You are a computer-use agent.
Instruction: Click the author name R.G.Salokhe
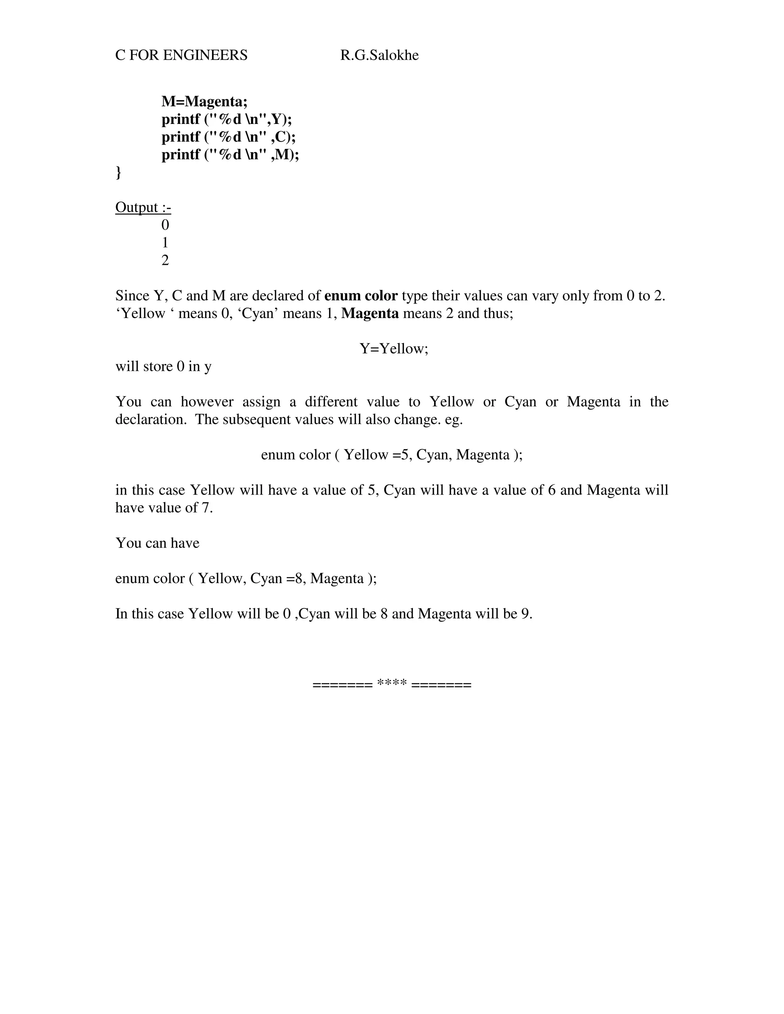(379, 55)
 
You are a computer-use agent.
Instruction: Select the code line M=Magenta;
(204, 101)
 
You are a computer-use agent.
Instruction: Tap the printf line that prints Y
(227, 119)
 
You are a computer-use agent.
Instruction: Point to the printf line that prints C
(229, 137)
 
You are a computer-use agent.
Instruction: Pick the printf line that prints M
(230, 155)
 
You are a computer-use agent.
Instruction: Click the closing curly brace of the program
(118, 172)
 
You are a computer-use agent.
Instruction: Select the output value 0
(165, 225)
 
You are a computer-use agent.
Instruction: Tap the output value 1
(165, 243)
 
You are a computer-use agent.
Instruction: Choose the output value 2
(165, 261)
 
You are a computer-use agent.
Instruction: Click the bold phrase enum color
(361, 296)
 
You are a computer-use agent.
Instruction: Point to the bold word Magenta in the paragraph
(370, 313)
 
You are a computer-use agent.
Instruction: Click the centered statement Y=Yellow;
(394, 349)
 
